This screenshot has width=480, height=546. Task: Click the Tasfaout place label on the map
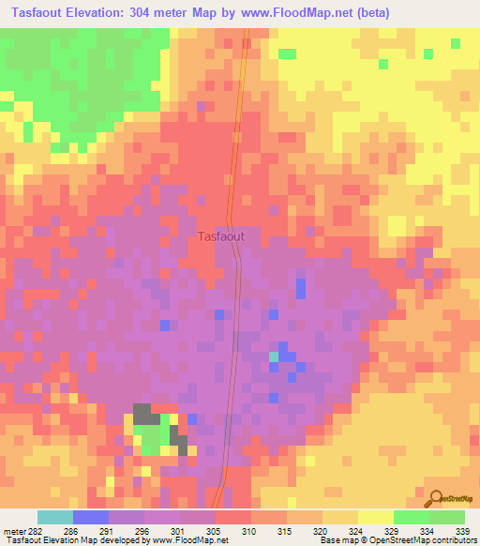221,237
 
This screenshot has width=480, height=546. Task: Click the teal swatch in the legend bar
55,517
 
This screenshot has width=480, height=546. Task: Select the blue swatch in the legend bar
91,517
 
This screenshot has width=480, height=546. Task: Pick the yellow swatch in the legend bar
375,517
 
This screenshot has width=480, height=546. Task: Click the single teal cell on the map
274,356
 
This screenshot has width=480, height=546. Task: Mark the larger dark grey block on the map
144,414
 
